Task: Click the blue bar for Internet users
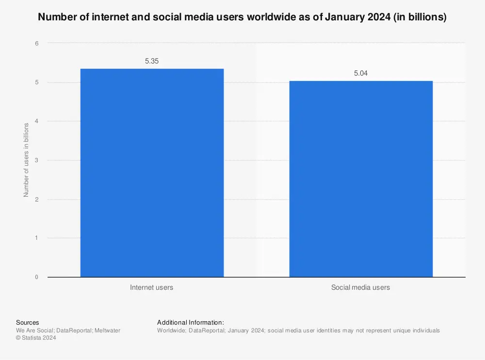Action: point(152,172)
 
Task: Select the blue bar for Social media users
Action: point(361,179)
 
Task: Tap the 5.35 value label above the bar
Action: point(152,62)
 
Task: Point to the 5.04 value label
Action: point(361,74)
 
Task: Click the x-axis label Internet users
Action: point(151,287)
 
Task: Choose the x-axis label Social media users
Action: point(360,287)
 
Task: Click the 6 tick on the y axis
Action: point(36,44)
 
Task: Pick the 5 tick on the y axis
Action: point(36,82)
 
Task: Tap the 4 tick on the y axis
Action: point(36,122)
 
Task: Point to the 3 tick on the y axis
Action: point(36,160)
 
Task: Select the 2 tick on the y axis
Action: point(36,200)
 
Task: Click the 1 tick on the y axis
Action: point(36,238)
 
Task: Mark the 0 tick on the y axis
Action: point(36,277)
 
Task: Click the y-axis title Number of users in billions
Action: point(26,160)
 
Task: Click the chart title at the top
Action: point(242,17)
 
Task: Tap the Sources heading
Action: point(28,323)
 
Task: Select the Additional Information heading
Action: point(190,323)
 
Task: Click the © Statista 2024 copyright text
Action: point(36,338)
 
